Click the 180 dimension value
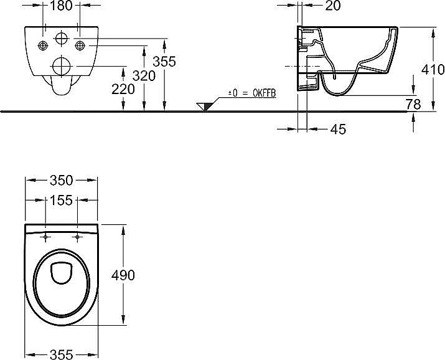tap(61, 6)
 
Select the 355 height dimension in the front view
tap(164, 61)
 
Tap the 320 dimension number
tap(144, 76)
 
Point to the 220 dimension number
tap(123, 89)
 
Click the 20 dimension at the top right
tap(332, 6)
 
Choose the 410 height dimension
tap(433, 69)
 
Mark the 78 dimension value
tap(413, 104)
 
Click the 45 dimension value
tap(339, 129)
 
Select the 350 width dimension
tap(61, 180)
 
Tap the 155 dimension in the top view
tap(61, 200)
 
